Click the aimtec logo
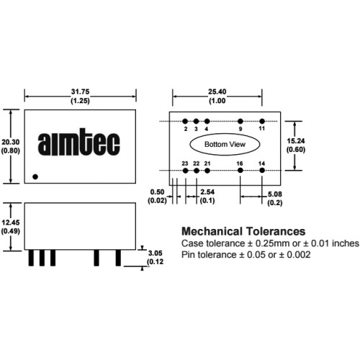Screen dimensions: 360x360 pos(78,142)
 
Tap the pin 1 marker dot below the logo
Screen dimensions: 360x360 pos(35,177)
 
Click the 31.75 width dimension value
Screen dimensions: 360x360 pos(80,91)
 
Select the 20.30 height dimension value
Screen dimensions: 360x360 pos(10,142)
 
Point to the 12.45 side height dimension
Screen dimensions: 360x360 pos(10,222)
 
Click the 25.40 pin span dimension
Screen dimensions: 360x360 pos(217,91)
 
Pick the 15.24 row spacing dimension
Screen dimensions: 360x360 pos(296,141)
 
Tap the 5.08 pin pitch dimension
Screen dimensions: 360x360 pos(275,194)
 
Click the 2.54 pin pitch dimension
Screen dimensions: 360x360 pos(207,192)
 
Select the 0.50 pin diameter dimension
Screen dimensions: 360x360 pos(157,192)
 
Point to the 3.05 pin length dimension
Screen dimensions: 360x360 pos(155,253)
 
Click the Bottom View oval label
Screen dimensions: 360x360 pos(225,144)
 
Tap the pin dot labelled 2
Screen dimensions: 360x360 pos(185,121)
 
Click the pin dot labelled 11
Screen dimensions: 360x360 pos(262,121)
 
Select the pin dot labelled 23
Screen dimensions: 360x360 pos(185,171)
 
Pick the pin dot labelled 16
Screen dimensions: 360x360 pos(240,171)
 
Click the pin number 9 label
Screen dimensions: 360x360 pos(240,129)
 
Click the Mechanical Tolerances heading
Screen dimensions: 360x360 pos(243,231)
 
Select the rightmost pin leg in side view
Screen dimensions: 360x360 pos(118,258)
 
